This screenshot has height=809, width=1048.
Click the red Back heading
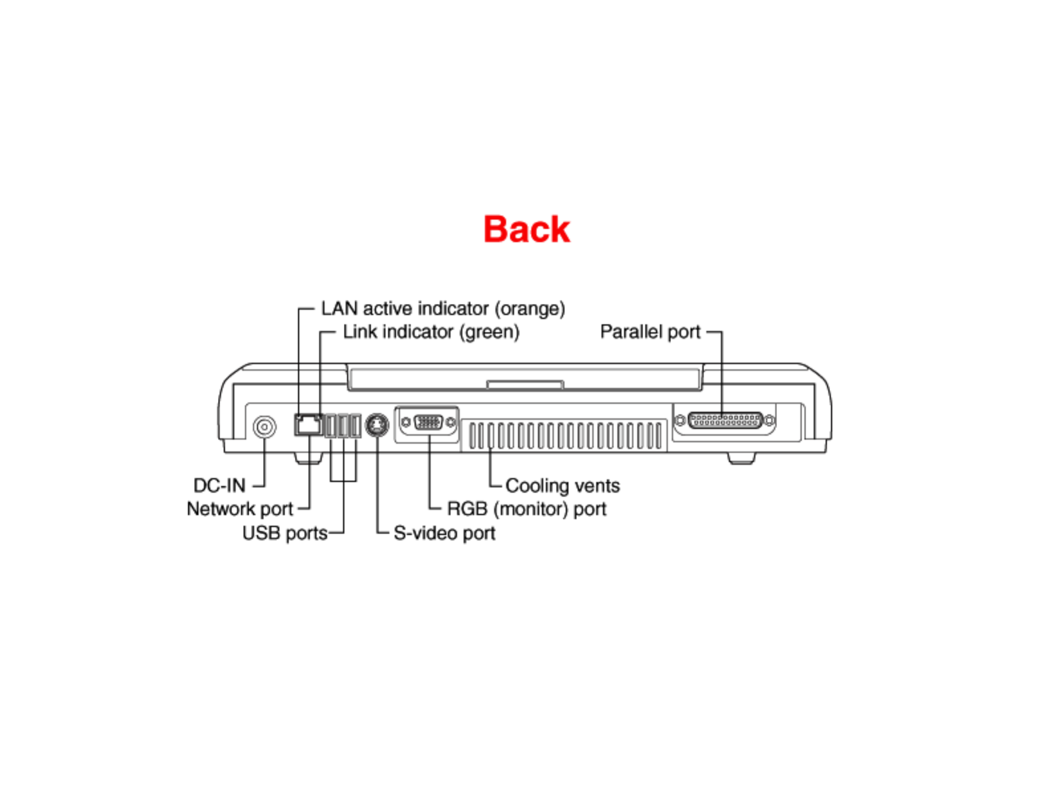526,230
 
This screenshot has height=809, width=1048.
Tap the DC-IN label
219,485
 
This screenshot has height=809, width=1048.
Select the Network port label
239,509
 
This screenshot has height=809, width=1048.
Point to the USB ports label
285,533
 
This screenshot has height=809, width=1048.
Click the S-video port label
445,533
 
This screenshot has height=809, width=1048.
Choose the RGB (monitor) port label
527,509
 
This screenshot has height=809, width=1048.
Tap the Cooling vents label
562,486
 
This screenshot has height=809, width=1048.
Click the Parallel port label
650,332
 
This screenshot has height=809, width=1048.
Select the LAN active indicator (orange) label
443,309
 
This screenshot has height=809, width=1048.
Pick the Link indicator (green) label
431,332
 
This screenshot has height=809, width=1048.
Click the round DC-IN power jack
264,427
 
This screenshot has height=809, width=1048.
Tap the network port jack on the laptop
308,424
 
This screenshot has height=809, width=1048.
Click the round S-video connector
377,425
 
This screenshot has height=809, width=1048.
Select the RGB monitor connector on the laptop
428,422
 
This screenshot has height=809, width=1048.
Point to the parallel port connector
725,420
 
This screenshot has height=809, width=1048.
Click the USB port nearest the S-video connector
356,426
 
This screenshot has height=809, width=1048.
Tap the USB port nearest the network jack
331,426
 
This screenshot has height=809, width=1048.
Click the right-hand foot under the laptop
741,457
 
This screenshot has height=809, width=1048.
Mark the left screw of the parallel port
680,420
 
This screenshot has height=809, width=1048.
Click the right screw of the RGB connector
451,422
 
